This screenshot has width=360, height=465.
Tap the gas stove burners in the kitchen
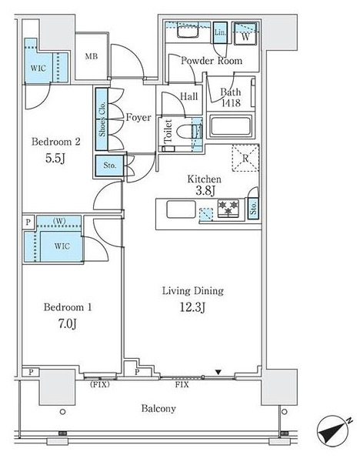tap(228, 208)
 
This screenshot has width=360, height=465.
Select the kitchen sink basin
tap(181, 209)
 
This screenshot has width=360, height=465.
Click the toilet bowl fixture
tap(187, 132)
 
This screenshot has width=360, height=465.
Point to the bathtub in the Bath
tap(231, 127)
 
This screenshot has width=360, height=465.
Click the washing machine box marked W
tap(245, 34)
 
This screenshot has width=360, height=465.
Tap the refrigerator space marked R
tap(245, 158)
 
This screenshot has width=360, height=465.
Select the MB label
tap(92, 56)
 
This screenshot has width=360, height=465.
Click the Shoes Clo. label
tap(102, 119)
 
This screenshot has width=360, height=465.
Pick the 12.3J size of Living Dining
tap(192, 307)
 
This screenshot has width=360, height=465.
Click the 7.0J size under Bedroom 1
tap(68, 324)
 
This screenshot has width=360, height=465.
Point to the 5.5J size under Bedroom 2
tap(55, 159)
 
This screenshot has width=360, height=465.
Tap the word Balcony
tap(158, 409)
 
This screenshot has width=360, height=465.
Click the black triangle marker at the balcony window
tap(218, 372)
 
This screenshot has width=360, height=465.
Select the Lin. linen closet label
tap(220, 32)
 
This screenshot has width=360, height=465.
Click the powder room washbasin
tap(188, 32)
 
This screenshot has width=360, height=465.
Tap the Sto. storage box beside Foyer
tap(109, 166)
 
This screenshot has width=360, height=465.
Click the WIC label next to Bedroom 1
tap(62, 246)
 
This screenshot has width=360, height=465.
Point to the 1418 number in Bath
tap(231, 103)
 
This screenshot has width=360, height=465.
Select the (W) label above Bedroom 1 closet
tap(59, 221)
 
